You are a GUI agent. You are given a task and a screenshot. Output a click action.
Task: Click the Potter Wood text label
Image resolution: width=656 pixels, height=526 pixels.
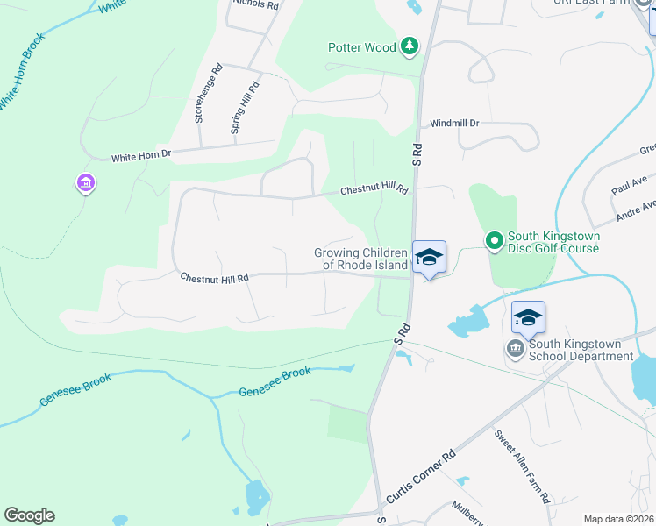(362, 48)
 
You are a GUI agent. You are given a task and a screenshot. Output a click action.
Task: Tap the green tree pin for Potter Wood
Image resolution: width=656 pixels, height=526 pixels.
(409, 46)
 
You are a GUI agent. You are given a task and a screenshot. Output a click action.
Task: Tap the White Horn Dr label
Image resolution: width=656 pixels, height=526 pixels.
(141, 157)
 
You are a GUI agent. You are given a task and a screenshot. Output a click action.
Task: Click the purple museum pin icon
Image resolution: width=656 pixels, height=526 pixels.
(86, 184)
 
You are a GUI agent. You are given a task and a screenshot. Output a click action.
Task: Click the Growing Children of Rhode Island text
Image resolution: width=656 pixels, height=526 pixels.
(361, 259)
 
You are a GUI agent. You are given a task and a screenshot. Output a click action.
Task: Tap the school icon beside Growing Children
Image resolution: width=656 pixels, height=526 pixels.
(429, 257)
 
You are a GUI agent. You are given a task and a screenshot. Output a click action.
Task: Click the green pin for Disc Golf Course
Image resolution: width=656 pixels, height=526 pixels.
(494, 239)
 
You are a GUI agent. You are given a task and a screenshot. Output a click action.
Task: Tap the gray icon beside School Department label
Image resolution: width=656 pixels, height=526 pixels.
(516, 350)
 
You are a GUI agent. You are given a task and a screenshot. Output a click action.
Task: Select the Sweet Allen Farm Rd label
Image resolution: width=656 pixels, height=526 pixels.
(522, 466)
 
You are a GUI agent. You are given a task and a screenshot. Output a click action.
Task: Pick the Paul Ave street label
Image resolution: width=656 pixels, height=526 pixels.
(628, 185)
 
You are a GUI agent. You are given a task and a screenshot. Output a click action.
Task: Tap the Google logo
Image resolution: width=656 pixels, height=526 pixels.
(29, 515)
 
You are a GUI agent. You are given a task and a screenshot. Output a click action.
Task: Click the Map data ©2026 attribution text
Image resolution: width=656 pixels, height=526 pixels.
(618, 519)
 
